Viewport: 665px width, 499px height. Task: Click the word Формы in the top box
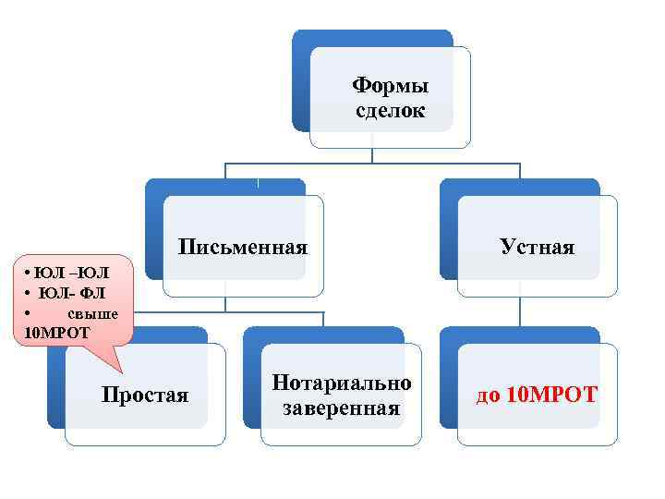coord(391,87)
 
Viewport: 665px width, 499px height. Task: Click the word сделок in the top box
coord(391,111)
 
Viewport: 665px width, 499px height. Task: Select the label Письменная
coord(243,247)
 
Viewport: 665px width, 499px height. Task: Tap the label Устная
coord(537,247)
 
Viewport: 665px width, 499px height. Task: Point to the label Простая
coord(144,396)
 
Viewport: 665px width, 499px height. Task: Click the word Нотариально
coord(342,383)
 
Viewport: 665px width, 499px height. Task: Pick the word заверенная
coord(342,408)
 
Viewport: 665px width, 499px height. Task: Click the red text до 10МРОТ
coord(537,396)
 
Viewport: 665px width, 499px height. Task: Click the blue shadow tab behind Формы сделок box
coord(301,83)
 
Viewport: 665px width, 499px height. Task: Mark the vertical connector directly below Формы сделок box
coord(372,155)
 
